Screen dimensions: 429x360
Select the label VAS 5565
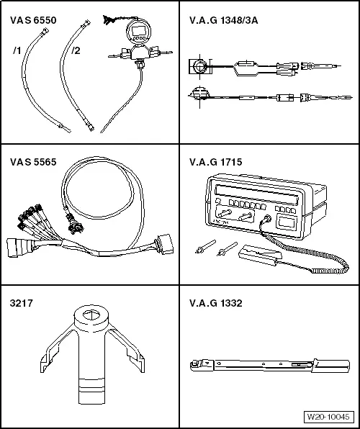pos(30,163)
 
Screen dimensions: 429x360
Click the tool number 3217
pos(19,303)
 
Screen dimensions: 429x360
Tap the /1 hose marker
pos(18,50)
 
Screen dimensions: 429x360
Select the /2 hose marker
pos(76,50)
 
